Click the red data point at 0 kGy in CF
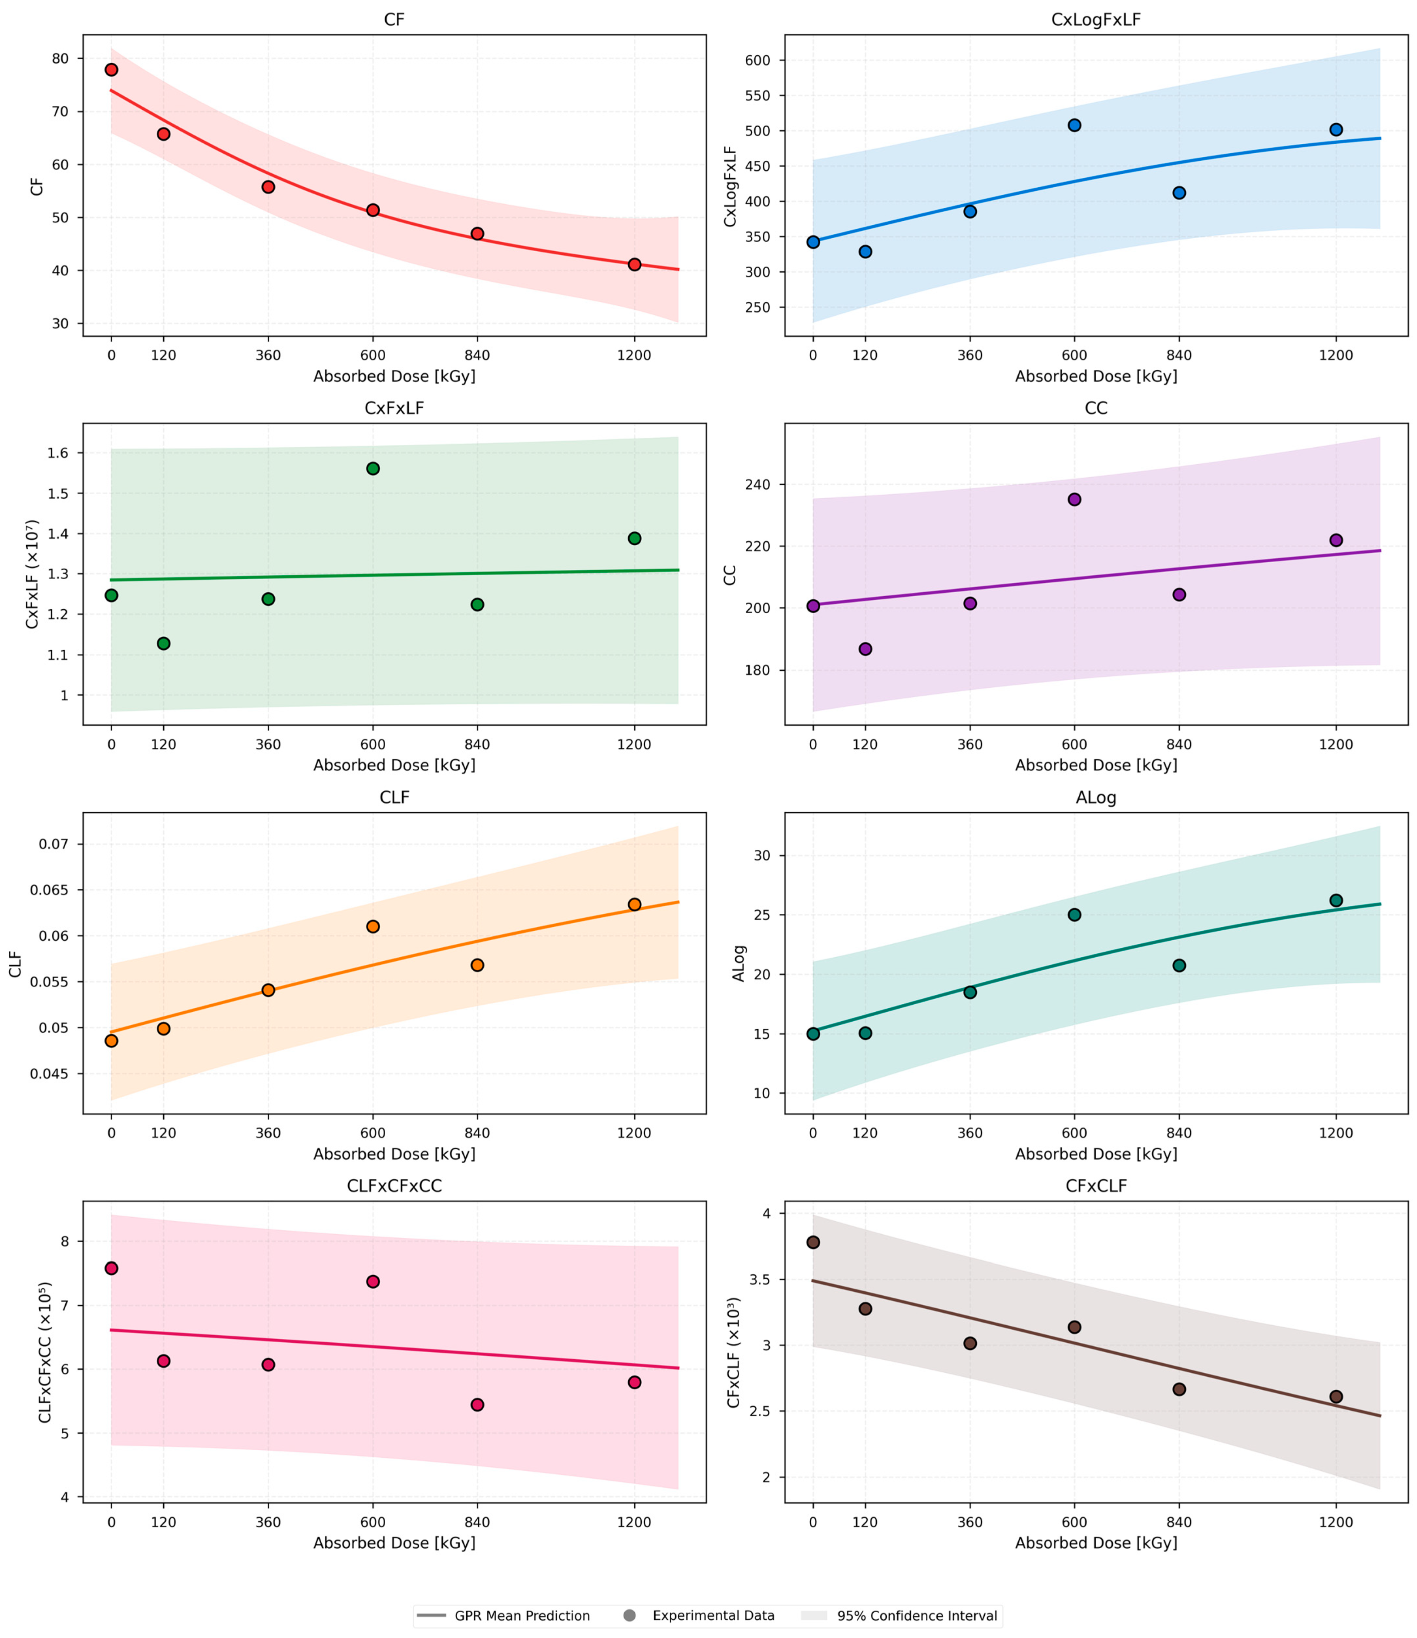coord(111,70)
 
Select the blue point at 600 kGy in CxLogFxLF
coord(1074,125)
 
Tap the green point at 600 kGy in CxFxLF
coord(373,468)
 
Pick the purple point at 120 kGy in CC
coord(865,648)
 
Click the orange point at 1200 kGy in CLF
coord(634,904)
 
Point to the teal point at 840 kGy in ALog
coord(1179,965)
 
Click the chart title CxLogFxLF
coord(1096,20)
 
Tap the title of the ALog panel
coord(1096,797)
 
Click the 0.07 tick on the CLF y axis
coord(54,844)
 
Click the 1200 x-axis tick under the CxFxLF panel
coord(634,744)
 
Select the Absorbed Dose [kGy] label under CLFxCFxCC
coord(394,1543)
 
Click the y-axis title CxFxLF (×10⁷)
coord(32,574)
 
